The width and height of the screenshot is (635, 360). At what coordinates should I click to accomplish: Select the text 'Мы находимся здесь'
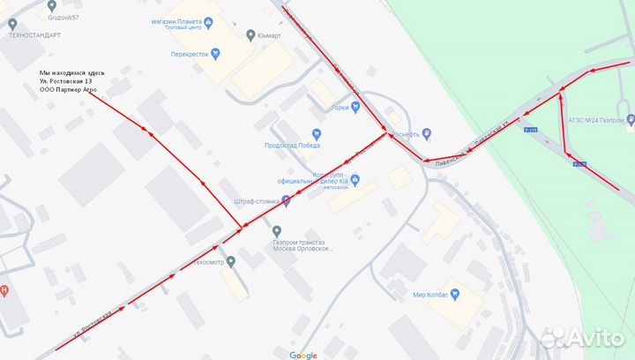coord(72,72)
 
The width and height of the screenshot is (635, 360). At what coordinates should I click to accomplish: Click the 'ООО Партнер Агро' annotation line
coord(68,91)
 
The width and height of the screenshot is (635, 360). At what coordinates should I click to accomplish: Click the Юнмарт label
coord(268,35)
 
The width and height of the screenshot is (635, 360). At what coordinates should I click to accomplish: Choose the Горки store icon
coord(355,108)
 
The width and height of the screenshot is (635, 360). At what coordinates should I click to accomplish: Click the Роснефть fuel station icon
coord(427,134)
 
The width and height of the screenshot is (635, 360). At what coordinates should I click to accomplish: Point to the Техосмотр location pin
coord(230,262)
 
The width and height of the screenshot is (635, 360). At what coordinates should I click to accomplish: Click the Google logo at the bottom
coord(303,355)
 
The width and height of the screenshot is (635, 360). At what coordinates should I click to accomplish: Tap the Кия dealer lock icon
coord(355,180)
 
